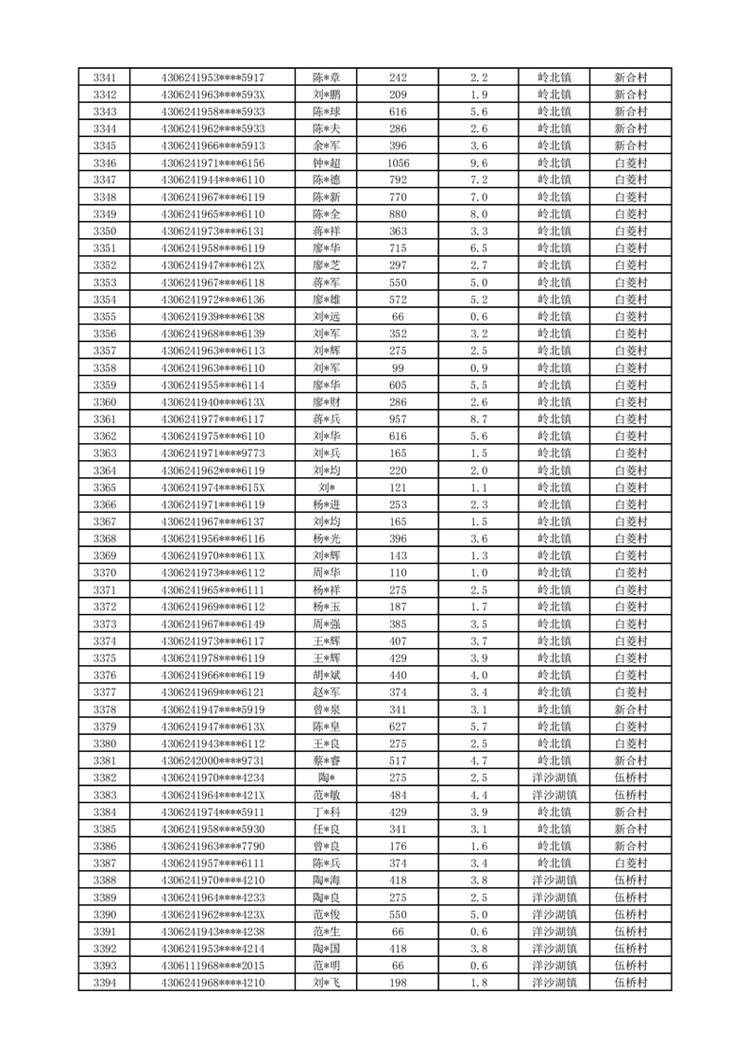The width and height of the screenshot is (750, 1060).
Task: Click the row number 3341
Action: (105, 77)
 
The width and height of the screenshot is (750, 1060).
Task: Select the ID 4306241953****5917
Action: (213, 77)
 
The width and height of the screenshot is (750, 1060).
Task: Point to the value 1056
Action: (398, 163)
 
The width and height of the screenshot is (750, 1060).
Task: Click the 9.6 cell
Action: (478, 163)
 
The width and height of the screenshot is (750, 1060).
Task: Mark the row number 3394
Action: (105, 983)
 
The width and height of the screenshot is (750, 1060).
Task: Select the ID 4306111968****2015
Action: (213, 966)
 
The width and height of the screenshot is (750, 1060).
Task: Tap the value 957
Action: (398, 419)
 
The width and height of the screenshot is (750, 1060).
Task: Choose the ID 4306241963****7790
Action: (213, 846)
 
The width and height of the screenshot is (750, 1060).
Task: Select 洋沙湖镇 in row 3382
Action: (554, 778)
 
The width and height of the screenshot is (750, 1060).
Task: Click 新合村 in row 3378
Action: (630, 710)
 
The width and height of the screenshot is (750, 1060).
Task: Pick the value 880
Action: (398, 214)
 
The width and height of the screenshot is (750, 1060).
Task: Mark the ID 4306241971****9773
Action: (213, 453)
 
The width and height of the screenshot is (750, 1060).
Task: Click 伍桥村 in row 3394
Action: (630, 983)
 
